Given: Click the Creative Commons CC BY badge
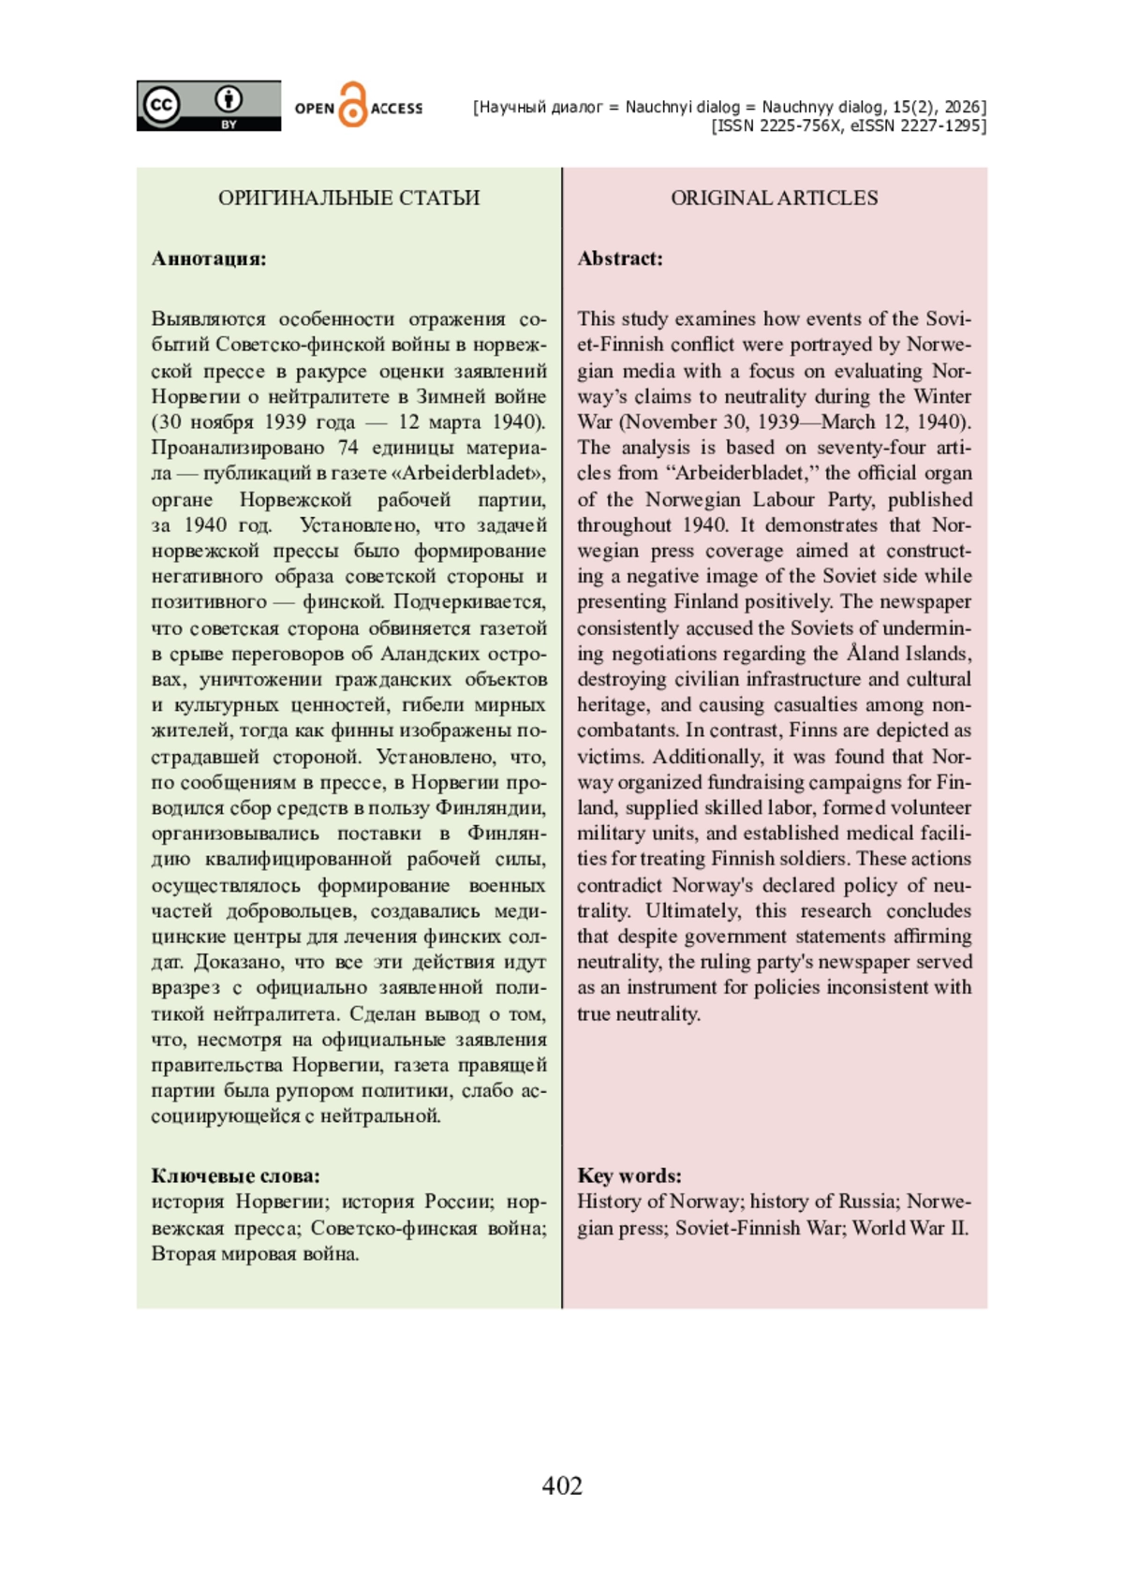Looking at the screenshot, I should coord(208,106).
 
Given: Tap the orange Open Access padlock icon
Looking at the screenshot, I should coord(352,105).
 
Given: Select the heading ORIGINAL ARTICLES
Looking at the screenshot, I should coord(774,198).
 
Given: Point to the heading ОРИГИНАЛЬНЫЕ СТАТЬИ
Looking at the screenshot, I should coord(348,198).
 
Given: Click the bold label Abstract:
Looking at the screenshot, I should coord(620,258).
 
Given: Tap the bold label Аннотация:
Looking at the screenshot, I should coord(209,258).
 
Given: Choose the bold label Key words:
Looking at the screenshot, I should coord(629,1175).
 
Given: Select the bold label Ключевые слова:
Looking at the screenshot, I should coord(235,1175).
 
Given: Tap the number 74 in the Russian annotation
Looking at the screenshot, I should coord(348,448).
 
